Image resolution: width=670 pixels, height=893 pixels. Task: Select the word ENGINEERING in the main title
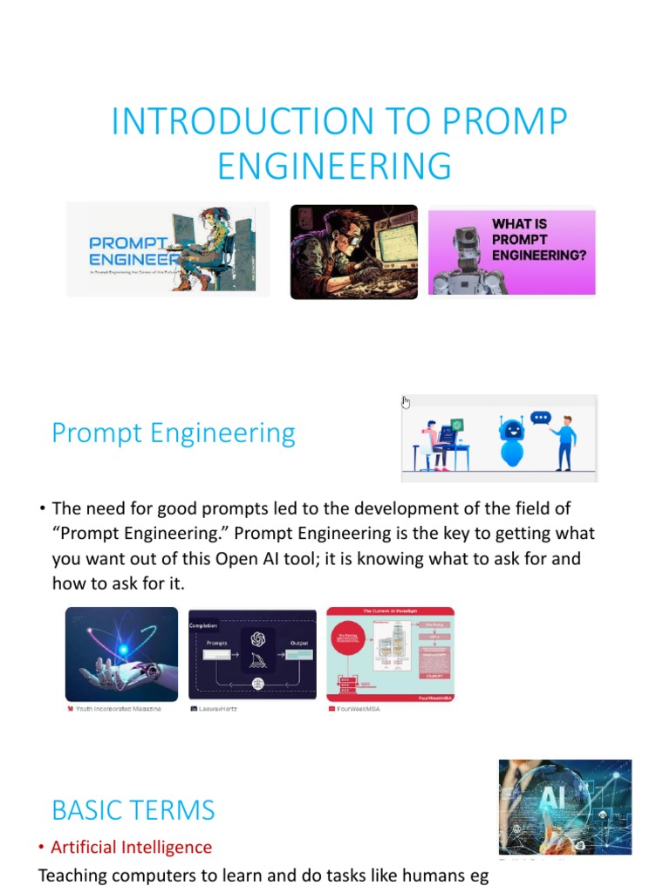tap(334, 166)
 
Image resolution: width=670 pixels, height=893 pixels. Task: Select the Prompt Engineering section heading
tap(174, 433)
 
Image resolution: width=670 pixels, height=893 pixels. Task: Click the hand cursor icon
tap(406, 402)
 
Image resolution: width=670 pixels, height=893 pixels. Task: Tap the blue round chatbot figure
tap(511, 441)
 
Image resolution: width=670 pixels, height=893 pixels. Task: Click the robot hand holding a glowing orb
tap(121, 654)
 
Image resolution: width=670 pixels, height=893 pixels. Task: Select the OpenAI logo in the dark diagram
tap(258, 638)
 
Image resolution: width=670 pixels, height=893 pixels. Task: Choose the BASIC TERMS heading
tap(133, 810)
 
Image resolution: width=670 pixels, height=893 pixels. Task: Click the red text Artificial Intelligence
tap(131, 847)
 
